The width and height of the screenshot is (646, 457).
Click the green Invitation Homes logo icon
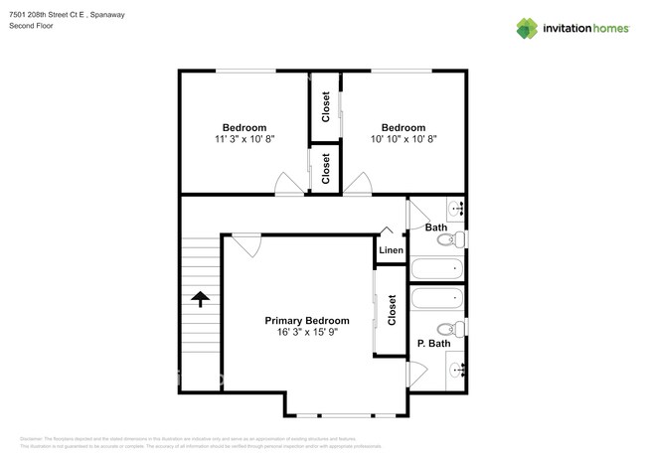528,29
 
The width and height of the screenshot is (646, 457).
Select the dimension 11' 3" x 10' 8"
243,140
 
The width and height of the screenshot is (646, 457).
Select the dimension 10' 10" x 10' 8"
404,140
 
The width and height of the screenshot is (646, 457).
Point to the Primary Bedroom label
306,321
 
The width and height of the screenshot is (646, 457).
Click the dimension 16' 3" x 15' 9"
306,334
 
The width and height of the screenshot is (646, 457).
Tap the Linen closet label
391,250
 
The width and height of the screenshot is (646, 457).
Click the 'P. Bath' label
433,344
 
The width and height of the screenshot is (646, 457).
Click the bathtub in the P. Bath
436,298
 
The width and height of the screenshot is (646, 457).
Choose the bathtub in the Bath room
436,267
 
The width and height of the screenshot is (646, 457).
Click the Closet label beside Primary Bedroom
392,310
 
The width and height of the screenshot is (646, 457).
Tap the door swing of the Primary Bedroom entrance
246,244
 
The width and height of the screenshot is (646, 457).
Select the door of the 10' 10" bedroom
358,182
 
